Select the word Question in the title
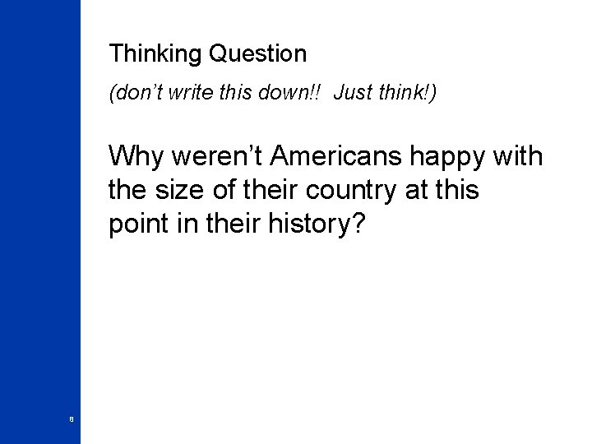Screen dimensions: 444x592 click(258, 55)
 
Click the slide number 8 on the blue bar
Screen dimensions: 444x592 click(72, 420)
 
